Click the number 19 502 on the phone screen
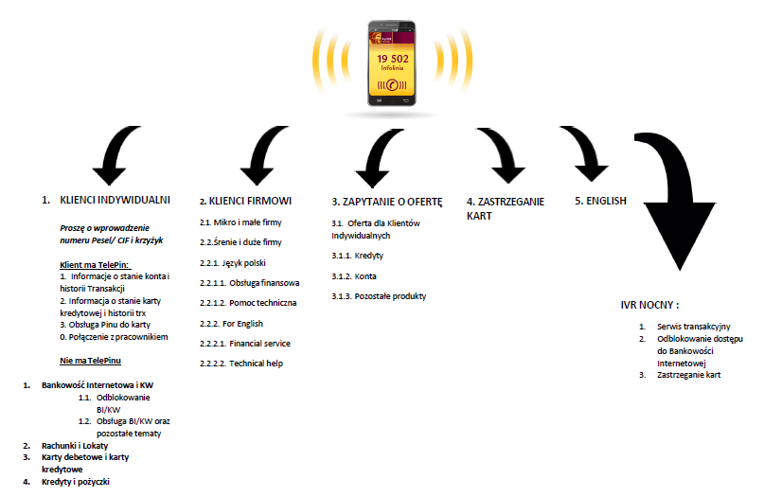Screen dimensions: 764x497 pyautogui.click(x=393, y=59)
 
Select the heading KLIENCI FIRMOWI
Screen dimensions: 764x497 pyautogui.click(x=245, y=201)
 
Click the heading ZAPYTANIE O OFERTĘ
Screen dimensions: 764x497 pyautogui.click(x=387, y=202)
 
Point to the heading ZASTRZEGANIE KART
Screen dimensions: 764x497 pyautogui.click(x=506, y=208)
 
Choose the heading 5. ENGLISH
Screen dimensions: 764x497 pyautogui.click(x=600, y=201)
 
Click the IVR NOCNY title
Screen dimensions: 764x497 pyautogui.click(x=649, y=305)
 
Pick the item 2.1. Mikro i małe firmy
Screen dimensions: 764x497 pyautogui.click(x=240, y=222)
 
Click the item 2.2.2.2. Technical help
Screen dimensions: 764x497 pyautogui.click(x=241, y=364)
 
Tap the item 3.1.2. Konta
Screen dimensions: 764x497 pyautogui.click(x=354, y=276)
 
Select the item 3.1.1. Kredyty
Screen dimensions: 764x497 pyautogui.click(x=357, y=256)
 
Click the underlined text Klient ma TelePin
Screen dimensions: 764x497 pyautogui.click(x=96, y=265)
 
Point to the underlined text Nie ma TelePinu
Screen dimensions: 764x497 pyautogui.click(x=90, y=361)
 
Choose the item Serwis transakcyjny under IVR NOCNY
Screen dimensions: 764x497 pyautogui.click(x=693, y=327)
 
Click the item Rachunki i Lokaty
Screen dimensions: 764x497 pyautogui.click(x=75, y=445)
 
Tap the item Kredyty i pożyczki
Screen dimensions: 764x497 pyautogui.click(x=76, y=482)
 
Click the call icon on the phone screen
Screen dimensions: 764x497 pyautogui.click(x=392, y=86)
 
